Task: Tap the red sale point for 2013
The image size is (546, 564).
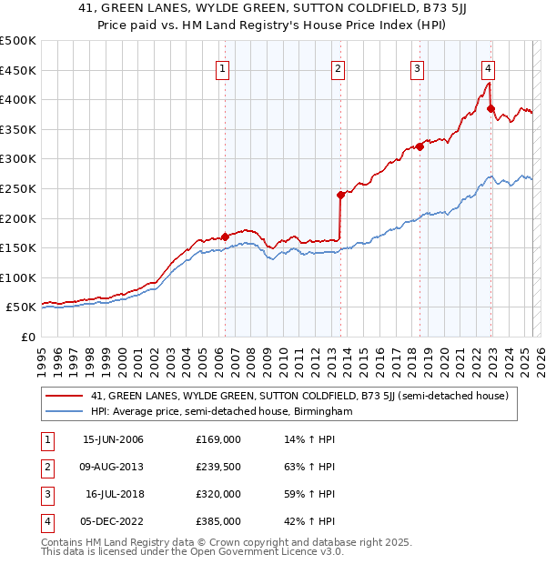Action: pyautogui.click(x=340, y=195)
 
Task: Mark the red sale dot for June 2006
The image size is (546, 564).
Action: pyautogui.click(x=225, y=237)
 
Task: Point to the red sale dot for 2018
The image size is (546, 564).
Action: pyautogui.click(x=420, y=146)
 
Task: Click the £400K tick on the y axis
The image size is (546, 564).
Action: pyautogui.click(x=18, y=99)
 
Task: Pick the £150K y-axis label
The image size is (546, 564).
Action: pyautogui.click(x=18, y=247)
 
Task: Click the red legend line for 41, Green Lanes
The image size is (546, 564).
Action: pyautogui.click(x=64, y=396)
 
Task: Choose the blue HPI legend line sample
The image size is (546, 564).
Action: pyautogui.click(x=64, y=411)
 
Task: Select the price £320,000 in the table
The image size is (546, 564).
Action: pyautogui.click(x=218, y=494)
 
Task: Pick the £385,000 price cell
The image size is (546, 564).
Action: pyautogui.click(x=218, y=521)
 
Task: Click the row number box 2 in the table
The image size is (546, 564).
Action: pyautogui.click(x=45, y=467)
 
